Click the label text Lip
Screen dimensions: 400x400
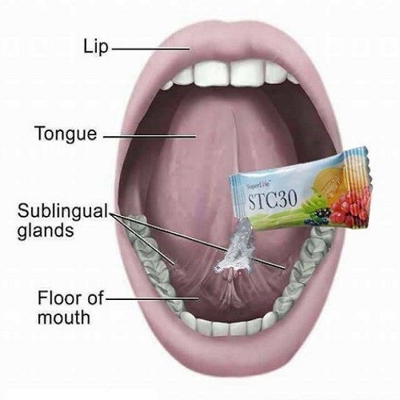(x=96, y=47)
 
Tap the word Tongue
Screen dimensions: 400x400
(x=66, y=134)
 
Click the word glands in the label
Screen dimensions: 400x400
(x=46, y=230)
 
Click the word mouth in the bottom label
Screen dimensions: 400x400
(x=64, y=318)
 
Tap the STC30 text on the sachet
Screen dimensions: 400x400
(x=273, y=200)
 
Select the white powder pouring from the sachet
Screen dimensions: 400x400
(x=234, y=250)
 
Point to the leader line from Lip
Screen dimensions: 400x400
(x=150, y=49)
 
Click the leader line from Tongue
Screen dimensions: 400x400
(x=150, y=137)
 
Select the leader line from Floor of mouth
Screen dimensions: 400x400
(x=153, y=298)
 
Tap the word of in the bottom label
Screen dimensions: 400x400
(x=95, y=298)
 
